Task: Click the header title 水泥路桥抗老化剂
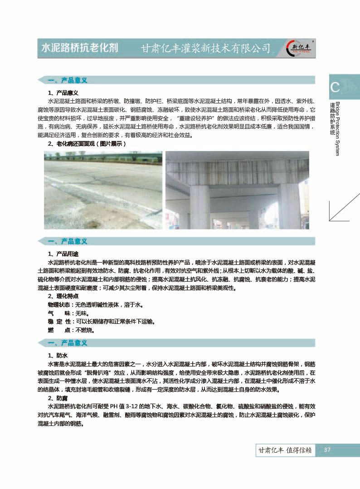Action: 80,48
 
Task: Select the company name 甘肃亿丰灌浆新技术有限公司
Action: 206,49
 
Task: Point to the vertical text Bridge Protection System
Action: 337,129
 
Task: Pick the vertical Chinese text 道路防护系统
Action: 332,119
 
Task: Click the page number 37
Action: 327,450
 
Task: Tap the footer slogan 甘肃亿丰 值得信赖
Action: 285,450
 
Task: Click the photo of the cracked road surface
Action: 103,191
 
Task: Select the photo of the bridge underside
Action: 237,191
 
